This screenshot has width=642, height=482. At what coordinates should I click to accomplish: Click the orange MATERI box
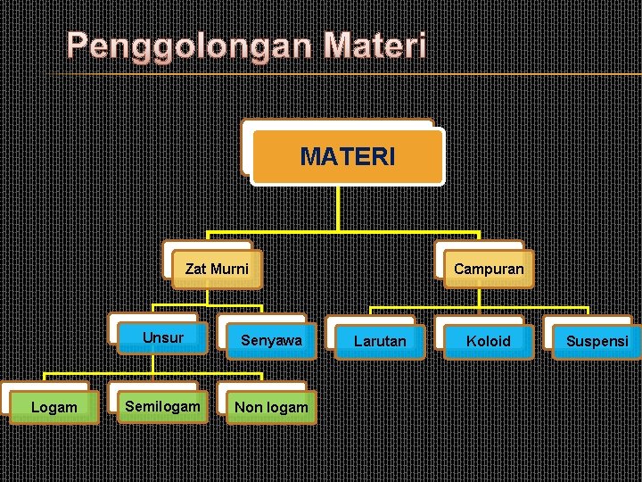tap(347, 157)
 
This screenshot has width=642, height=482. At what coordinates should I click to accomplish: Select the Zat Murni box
tap(217, 269)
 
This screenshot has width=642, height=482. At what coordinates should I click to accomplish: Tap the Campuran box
tap(489, 269)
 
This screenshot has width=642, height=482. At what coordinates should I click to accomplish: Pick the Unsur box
tap(162, 338)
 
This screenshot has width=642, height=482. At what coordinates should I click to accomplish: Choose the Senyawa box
tap(271, 341)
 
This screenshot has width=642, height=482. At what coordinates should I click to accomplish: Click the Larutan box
tap(380, 341)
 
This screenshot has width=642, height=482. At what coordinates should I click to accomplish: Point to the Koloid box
tap(489, 341)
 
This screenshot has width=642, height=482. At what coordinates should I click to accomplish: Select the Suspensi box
tap(597, 341)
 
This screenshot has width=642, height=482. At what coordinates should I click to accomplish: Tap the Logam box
tap(53, 407)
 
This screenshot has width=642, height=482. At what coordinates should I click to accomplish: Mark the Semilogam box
tap(162, 406)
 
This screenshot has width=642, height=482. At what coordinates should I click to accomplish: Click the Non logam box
tap(271, 407)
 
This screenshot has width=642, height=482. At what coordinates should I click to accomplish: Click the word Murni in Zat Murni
tap(229, 269)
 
